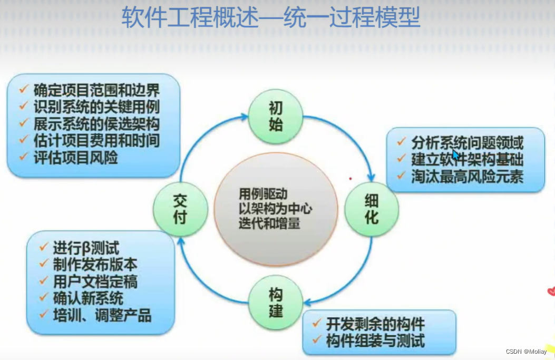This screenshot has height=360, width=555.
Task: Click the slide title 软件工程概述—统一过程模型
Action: (270, 20)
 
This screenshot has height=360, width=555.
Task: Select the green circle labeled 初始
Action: (276, 116)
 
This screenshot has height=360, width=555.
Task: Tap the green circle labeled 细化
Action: (372, 209)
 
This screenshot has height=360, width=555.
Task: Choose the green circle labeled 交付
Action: (180, 209)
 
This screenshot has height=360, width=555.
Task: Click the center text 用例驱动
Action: (263, 194)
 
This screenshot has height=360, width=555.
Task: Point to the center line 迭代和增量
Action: (269, 223)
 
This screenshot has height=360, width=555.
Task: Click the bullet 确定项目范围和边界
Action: (96, 91)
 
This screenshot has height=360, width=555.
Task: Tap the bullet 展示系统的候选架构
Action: (96, 124)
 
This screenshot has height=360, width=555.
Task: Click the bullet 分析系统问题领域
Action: (467, 142)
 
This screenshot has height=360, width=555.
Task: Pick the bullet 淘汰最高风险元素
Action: (467, 176)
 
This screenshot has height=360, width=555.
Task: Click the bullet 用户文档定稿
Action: (95, 281)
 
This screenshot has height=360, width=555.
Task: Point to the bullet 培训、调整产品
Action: (102, 315)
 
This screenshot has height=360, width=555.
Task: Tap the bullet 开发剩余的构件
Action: (375, 324)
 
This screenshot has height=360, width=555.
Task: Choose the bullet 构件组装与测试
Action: (375, 340)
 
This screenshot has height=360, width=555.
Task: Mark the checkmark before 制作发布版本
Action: (44, 264)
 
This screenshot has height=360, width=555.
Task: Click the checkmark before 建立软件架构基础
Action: (402, 158)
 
